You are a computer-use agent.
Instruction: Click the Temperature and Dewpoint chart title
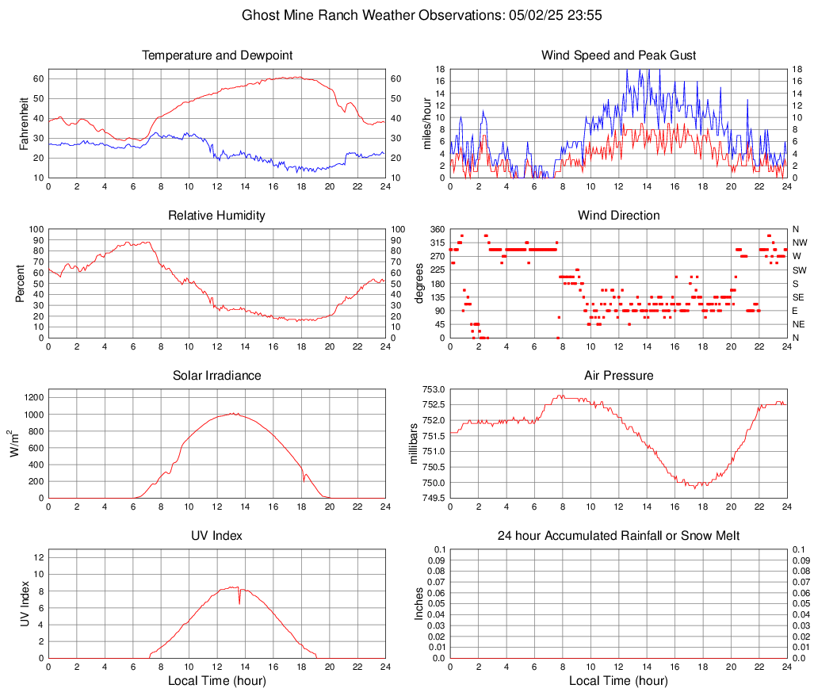(x=216, y=55)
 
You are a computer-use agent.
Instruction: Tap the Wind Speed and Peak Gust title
(x=618, y=55)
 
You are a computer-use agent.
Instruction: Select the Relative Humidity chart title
(x=216, y=216)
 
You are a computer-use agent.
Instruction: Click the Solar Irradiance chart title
(x=216, y=376)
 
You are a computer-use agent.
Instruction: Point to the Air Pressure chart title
(x=618, y=376)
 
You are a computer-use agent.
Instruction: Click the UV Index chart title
(x=216, y=536)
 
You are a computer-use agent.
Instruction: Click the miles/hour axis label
(x=426, y=123)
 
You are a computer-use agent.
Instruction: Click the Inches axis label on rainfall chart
(x=419, y=603)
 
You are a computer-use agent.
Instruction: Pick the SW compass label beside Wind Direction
(x=799, y=270)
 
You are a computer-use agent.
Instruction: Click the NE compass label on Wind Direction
(x=799, y=324)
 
